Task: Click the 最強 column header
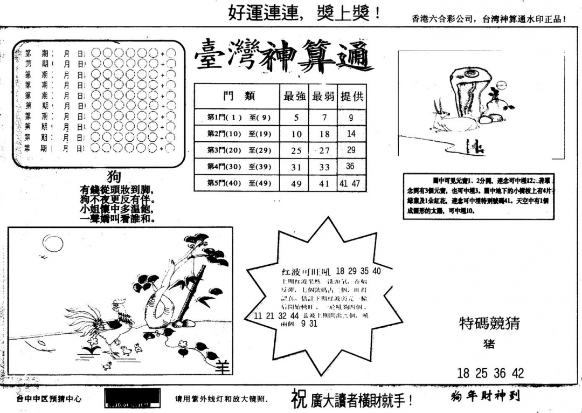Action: coord(295,97)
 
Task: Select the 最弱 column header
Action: coord(324,97)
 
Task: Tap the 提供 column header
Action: coord(352,97)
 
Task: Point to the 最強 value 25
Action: coord(296,151)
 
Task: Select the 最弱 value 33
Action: coord(324,168)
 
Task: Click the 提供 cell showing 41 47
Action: coord(350,183)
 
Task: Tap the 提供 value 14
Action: coord(351,134)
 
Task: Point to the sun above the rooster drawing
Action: coord(53,244)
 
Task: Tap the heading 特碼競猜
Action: coord(489,323)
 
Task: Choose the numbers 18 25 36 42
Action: coord(490,373)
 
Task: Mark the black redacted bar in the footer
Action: coord(133,398)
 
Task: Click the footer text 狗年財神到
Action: coord(485,397)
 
